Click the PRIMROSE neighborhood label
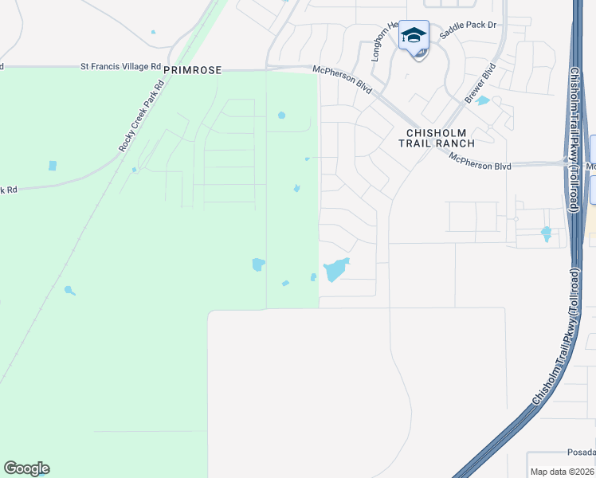point(191,70)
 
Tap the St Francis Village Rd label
point(120,67)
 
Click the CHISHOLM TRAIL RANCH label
point(441,138)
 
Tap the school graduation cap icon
point(414,35)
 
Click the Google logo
point(26,468)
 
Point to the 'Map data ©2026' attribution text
point(563,472)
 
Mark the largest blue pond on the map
point(335,269)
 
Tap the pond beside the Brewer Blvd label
point(483,100)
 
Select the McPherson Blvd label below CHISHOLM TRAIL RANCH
point(480,160)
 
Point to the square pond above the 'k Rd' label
point(53,166)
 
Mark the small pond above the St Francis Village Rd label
point(153,32)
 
